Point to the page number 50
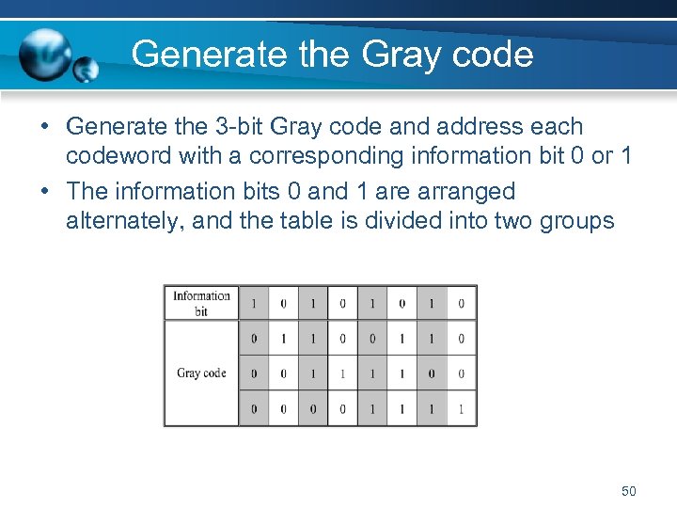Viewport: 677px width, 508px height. coord(629,491)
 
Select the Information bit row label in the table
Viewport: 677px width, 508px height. coord(201,303)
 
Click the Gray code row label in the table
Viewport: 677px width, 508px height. coord(201,373)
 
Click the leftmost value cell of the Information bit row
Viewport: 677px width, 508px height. coord(254,303)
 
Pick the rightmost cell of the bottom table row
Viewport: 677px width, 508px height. coord(461,409)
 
